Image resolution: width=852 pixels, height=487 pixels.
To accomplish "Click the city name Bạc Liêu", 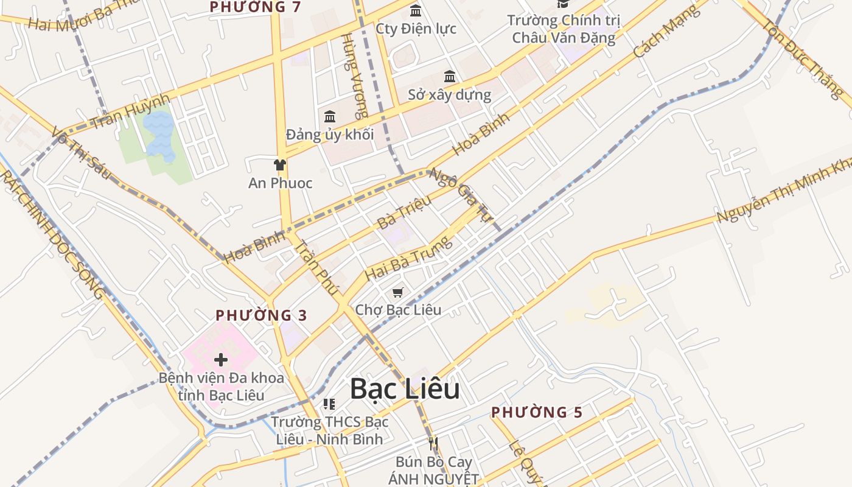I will click(x=405, y=390).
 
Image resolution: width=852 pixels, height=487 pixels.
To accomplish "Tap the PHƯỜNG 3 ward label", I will click(x=262, y=315).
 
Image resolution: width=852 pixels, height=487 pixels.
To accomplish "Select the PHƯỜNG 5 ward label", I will click(x=537, y=412).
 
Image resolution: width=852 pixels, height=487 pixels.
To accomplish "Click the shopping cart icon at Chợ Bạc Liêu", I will click(x=398, y=293).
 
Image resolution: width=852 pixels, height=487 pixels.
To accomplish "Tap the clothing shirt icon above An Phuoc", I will click(x=280, y=164).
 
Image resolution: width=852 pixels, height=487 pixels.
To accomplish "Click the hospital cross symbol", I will click(x=221, y=360).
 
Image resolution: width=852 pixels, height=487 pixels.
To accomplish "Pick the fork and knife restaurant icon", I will click(x=433, y=443).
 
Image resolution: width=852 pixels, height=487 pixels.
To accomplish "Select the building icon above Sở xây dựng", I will click(x=450, y=77).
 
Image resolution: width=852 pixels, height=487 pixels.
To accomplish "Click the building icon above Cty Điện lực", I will click(x=416, y=10).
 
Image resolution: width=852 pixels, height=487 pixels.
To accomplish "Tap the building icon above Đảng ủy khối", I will click(x=330, y=116).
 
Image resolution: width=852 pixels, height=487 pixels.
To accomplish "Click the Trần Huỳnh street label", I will click(x=130, y=113).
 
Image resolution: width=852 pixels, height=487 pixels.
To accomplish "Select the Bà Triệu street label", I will click(x=404, y=212).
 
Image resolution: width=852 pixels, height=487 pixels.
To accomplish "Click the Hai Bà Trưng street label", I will click(x=408, y=259).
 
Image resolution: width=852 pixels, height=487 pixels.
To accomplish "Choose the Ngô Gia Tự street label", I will click(x=460, y=194).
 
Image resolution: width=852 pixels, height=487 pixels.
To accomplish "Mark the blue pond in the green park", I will click(x=159, y=135).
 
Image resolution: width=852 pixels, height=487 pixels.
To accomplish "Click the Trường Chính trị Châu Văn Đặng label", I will click(x=564, y=29).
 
